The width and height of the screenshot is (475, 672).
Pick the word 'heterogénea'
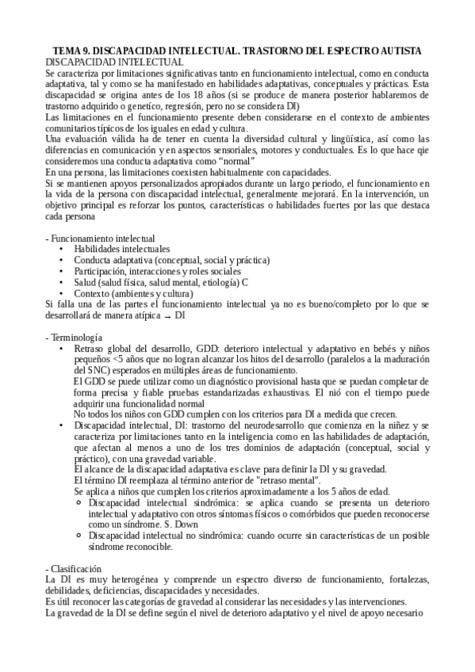pos(119,580)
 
